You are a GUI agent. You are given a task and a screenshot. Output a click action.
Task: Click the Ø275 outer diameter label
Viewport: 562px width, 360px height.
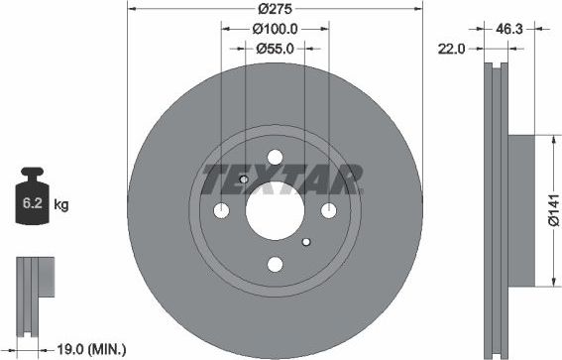point(274,8)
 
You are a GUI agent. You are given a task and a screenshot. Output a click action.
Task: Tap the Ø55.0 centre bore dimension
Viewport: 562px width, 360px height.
point(275,48)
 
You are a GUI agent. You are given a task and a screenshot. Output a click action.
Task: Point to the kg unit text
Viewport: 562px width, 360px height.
point(60,205)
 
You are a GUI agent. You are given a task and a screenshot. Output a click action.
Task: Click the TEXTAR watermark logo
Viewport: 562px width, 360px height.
point(281,180)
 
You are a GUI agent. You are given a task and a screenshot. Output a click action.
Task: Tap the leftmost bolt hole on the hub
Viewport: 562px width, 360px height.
point(222,210)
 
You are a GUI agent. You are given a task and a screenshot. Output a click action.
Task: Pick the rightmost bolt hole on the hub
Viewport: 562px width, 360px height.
point(328,209)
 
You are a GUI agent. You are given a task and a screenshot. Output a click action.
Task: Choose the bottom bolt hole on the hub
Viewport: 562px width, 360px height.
point(275,264)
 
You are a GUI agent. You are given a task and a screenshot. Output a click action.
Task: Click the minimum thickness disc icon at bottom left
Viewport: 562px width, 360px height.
point(32,285)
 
